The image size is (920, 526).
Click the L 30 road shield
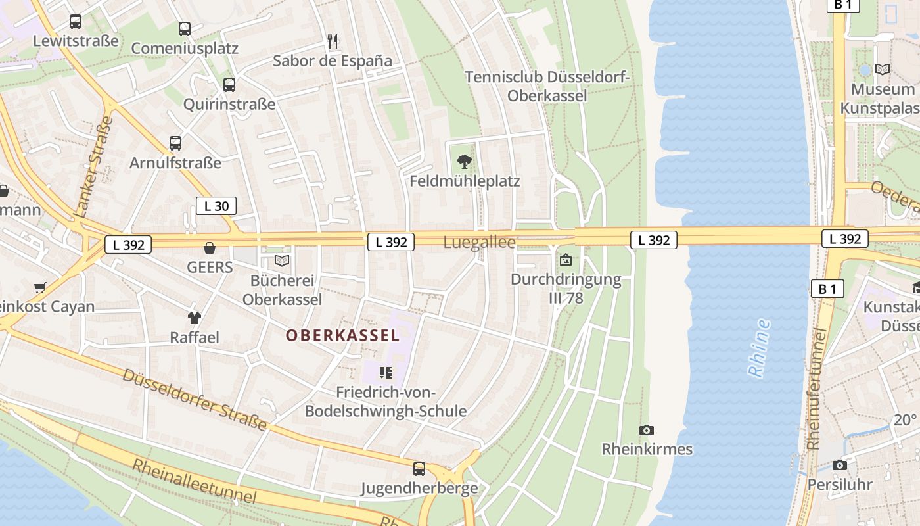pyautogui.click(x=216, y=206)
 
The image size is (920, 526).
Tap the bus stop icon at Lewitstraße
pyautogui.click(x=76, y=22)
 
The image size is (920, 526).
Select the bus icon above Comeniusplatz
pyautogui.click(x=185, y=29)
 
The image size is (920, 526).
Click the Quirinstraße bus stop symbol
pyautogui.click(x=229, y=85)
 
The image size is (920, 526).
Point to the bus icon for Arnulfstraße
pyautogui.click(x=175, y=143)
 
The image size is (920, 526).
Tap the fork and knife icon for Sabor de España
pyautogui.click(x=333, y=41)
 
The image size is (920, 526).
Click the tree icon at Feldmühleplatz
pyautogui.click(x=465, y=161)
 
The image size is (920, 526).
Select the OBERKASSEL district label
pyautogui.click(x=342, y=335)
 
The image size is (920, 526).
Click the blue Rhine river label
pyautogui.click(x=760, y=348)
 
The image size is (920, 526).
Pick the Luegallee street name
pyautogui.click(x=479, y=242)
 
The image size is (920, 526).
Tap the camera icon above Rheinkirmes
pyautogui.click(x=647, y=430)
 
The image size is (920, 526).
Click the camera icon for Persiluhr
pyautogui.click(x=839, y=466)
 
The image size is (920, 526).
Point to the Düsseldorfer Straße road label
pyautogui.click(x=195, y=399)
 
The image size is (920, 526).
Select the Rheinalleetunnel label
pyautogui.click(x=194, y=481)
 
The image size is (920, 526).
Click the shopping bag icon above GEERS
pyautogui.click(x=210, y=248)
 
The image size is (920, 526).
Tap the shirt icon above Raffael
pyautogui.click(x=195, y=318)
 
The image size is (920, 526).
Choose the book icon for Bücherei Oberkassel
pyautogui.click(x=282, y=261)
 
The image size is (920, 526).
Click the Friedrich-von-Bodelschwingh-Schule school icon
pyautogui.click(x=386, y=373)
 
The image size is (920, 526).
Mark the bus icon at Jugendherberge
pyautogui.click(x=419, y=469)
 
